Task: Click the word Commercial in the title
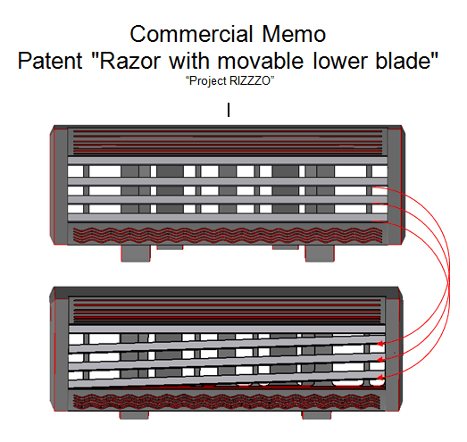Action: [191, 34]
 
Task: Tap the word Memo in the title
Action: [294, 34]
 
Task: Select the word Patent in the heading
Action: [50, 61]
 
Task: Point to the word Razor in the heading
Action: [129, 61]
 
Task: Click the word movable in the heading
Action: [261, 61]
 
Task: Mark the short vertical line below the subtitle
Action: [229, 110]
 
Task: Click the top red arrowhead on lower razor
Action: [380, 344]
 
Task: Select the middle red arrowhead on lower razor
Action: [380, 360]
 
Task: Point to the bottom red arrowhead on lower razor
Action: [380, 378]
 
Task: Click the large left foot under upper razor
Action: [136, 254]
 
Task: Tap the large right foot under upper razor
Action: [320, 254]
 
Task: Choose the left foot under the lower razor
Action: [134, 415]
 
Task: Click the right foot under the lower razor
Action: [317, 415]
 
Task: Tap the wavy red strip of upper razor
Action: [228, 235]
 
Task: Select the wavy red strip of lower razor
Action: [227, 401]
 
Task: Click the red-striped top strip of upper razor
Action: [228, 142]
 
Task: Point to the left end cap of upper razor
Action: [59, 185]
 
